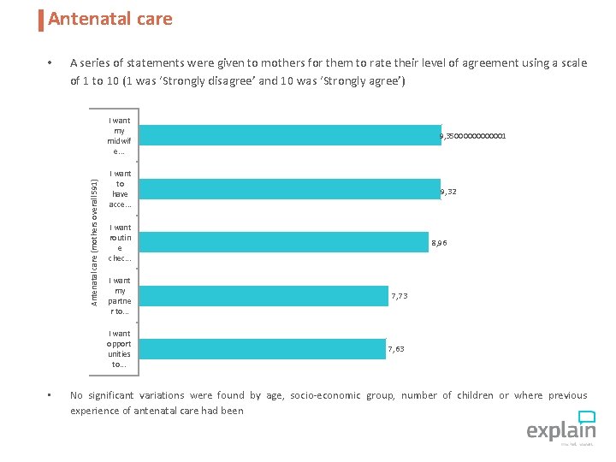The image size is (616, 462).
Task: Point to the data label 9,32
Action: click(448, 192)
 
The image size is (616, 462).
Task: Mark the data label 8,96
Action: click(439, 243)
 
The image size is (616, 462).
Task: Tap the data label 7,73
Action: click(400, 296)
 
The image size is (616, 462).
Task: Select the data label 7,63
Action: click(396, 349)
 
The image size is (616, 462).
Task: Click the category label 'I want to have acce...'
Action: click(120, 189)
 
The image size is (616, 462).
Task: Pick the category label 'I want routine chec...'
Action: click(120, 243)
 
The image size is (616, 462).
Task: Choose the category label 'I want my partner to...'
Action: click(120, 296)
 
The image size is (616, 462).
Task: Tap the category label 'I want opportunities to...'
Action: click(120, 349)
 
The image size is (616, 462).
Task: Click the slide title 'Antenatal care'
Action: click(110, 19)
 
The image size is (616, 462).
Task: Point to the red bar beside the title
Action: click(41, 20)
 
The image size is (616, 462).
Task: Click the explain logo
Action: click(560, 427)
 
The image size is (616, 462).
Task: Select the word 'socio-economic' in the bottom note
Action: click(324, 395)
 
